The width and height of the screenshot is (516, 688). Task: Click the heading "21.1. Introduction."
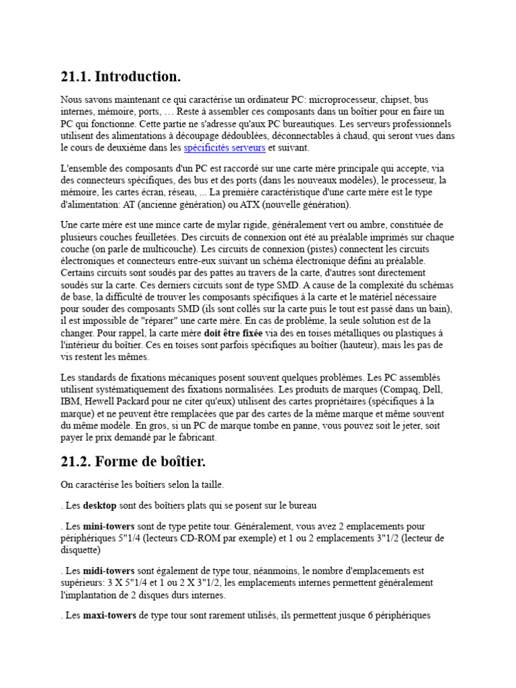[121, 77]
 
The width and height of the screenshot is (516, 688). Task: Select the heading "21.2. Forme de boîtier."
[132, 462]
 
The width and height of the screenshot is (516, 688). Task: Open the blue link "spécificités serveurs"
[224, 148]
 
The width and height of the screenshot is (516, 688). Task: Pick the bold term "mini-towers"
[108, 526]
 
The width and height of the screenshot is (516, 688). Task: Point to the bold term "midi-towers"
[108, 571]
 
